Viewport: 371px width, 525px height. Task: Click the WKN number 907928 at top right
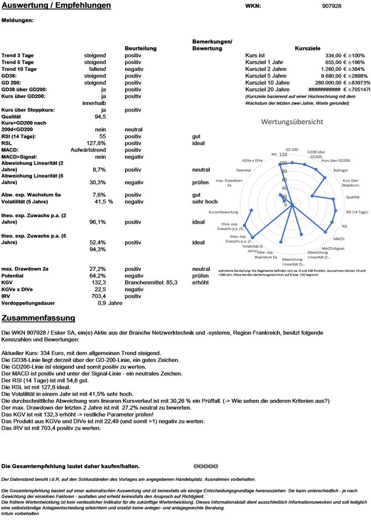pos(331,6)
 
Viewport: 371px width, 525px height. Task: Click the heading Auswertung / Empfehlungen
pos(56,6)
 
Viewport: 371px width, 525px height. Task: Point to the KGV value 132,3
pos(98,282)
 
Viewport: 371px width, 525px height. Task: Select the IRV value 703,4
pos(98,296)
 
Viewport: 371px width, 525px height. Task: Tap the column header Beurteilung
pos(140,48)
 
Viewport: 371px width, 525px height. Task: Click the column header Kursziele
pos(308,48)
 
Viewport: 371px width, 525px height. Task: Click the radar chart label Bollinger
pos(341,170)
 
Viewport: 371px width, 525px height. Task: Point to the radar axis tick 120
pos(283,155)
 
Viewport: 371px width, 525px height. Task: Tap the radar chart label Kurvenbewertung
pos(224,212)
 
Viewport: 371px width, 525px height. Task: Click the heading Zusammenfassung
pos(38,318)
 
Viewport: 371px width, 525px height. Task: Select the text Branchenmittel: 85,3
pos(151,282)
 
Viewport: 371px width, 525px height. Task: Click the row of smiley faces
pos(205,466)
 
